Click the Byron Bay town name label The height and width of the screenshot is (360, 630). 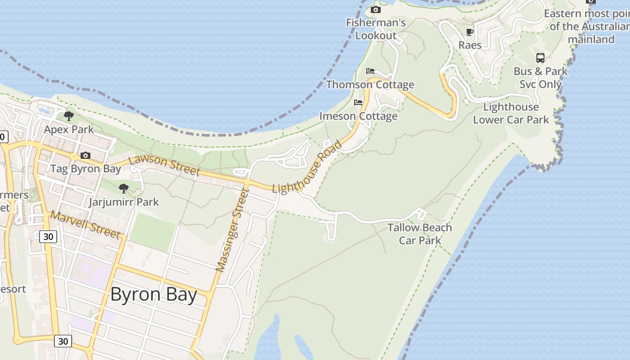(153, 295)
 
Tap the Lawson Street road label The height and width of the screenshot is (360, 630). (164, 166)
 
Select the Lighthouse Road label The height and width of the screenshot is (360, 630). (307, 167)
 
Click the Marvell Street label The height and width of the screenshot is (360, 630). (85, 225)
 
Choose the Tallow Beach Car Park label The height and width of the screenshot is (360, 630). (420, 234)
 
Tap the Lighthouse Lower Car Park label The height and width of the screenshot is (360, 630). (511, 113)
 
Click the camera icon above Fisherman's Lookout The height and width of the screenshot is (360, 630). (375, 9)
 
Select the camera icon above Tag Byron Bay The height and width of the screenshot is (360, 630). (85, 156)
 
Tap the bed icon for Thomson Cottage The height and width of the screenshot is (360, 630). (370, 71)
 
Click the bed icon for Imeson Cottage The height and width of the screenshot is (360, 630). (358, 103)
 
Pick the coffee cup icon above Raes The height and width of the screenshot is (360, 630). (470, 32)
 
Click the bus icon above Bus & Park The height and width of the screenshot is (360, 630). (540, 58)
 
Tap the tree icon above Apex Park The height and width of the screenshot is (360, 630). (69, 116)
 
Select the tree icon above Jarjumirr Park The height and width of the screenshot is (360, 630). (124, 189)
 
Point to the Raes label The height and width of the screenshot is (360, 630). (470, 45)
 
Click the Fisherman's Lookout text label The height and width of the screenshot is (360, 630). (376, 29)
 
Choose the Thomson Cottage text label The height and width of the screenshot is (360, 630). (370, 85)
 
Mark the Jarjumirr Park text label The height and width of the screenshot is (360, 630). (124, 202)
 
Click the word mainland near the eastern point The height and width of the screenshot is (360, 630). (591, 40)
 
